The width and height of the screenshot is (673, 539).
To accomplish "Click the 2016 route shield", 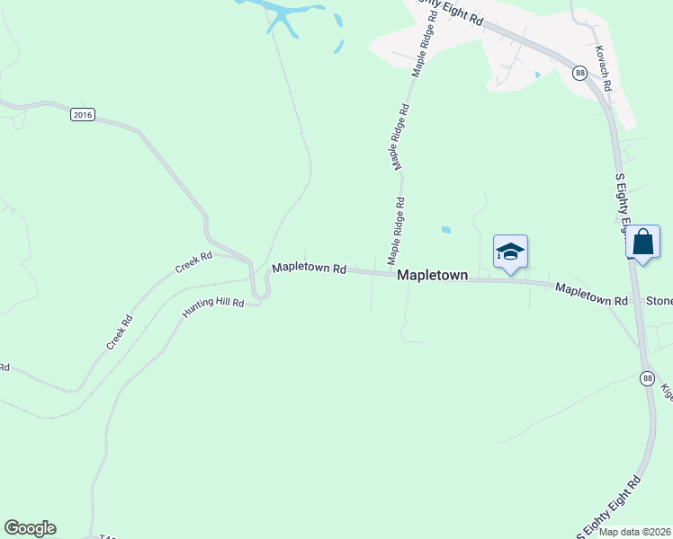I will coord(83,115).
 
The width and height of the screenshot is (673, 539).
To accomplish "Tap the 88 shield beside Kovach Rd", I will coord(579,73).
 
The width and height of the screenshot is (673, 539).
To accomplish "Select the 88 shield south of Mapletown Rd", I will coord(647,378).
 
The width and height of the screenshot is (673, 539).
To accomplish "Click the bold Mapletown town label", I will coord(433,276).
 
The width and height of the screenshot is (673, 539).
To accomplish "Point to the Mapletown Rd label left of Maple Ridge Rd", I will coord(310,268).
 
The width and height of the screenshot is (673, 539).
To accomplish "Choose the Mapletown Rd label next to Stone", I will coord(591,295).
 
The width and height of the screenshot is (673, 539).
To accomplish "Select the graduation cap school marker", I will coord(510,252).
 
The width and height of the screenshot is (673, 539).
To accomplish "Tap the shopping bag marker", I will coord(643,243).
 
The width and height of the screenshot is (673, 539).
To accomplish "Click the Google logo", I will coord(30,528).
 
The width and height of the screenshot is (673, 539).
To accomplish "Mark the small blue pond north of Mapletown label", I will coord(446,230).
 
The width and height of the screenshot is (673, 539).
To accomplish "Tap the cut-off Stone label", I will coord(660,302).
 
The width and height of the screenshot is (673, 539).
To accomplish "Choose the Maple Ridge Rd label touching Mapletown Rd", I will coord(395,231).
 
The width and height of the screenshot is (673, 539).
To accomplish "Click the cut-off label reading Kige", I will coord(667,392).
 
